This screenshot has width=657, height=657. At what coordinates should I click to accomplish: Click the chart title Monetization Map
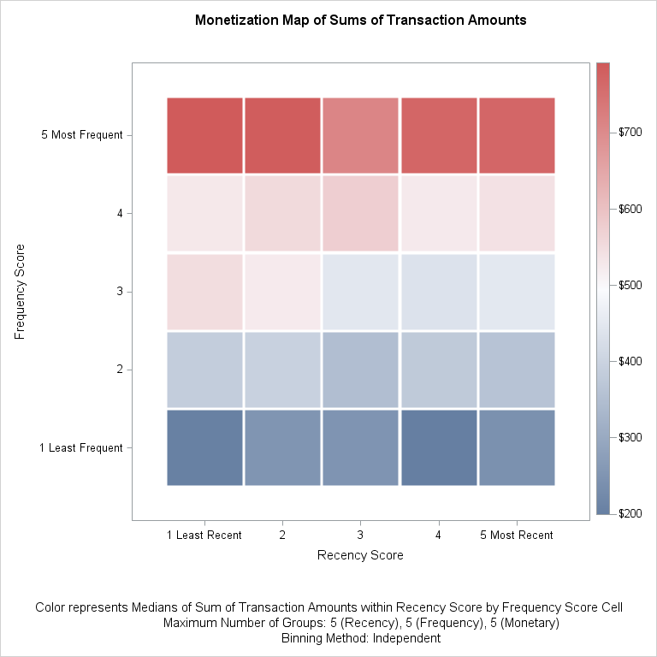tap(360, 19)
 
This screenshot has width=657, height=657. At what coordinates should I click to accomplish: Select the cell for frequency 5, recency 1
tap(205, 134)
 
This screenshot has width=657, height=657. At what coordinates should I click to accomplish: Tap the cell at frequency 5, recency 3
tap(360, 134)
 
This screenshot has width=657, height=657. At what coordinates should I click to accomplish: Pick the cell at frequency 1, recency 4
tap(439, 447)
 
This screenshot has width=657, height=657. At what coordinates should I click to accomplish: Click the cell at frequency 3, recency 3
tap(360, 292)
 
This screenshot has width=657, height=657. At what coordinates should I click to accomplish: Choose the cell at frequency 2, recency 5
tap(517, 370)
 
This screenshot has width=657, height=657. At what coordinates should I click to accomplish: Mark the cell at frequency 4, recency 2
tap(282, 213)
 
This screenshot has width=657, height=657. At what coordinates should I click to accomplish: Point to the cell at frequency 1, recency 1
tap(205, 447)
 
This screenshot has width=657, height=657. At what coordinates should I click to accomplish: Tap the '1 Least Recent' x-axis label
tap(204, 536)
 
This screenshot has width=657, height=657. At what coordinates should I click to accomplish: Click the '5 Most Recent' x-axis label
tap(516, 536)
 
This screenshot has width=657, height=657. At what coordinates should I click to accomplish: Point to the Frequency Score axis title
tap(21, 292)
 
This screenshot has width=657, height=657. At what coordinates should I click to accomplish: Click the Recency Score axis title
tap(360, 555)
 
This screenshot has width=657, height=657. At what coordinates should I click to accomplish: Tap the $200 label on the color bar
tap(631, 513)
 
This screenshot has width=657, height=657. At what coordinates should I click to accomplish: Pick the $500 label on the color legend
tap(631, 285)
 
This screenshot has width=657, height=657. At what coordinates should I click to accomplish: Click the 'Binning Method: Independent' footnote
tap(360, 638)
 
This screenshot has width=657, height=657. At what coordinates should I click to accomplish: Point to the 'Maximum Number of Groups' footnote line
tap(360, 623)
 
